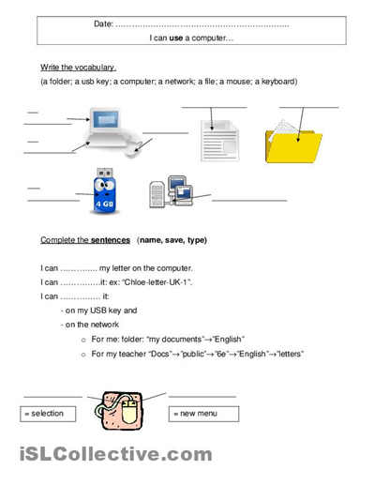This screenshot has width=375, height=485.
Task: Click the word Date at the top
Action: (x=103, y=23)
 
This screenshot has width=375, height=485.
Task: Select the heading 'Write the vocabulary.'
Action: (x=79, y=68)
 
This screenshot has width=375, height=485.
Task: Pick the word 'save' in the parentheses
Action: (x=172, y=240)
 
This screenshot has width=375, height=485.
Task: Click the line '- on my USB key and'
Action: (x=98, y=310)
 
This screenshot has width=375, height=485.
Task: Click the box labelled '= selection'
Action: (x=52, y=413)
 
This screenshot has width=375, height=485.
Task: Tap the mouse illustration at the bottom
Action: (x=127, y=411)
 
